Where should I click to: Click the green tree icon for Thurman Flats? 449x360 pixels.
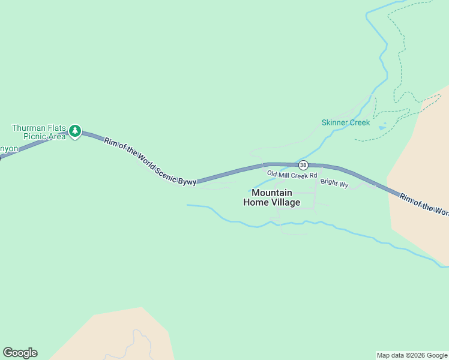[x=75, y=131]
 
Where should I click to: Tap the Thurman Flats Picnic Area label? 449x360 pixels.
[x=38, y=132]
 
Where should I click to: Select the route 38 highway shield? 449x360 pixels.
[x=303, y=165]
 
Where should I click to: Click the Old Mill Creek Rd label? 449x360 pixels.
[x=292, y=175]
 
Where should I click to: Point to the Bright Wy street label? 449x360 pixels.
[x=334, y=184]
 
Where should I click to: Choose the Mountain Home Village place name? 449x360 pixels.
[x=271, y=197]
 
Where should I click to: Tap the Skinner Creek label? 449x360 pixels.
[x=345, y=122]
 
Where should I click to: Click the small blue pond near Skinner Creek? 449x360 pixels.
[x=382, y=127]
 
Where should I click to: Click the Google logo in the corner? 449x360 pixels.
[x=20, y=353]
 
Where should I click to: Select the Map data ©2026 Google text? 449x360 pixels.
[x=412, y=355]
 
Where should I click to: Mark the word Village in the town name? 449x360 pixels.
[x=286, y=202]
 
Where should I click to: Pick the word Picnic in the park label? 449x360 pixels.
[x=35, y=136]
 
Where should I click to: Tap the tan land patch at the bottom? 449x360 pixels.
[x=120, y=336]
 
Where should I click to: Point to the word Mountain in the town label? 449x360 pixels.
[x=272, y=193]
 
